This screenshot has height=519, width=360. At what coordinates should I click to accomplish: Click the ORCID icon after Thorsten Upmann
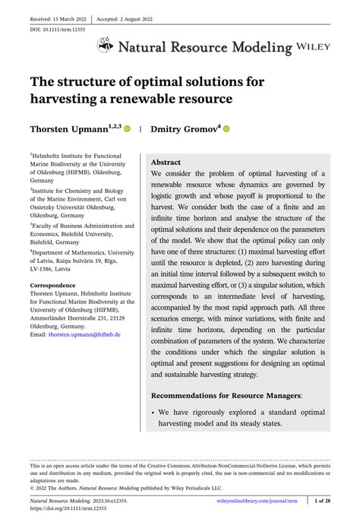click(127, 129)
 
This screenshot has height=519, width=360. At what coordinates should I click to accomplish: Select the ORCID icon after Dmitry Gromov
click(226, 129)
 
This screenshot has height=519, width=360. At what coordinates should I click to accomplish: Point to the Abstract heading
click(166, 162)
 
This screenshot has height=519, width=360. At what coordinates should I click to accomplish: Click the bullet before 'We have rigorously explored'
click(155, 413)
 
